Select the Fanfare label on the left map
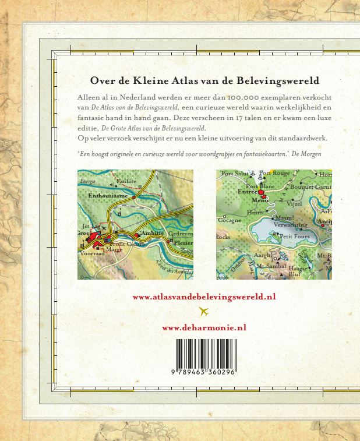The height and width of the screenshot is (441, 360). (x=126, y=182)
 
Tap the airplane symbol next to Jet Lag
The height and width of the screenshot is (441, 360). (x=104, y=228)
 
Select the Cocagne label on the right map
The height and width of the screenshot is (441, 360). (x=229, y=221)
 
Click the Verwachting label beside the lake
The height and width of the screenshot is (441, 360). (x=290, y=224)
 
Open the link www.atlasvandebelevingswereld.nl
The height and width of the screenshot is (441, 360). (x=204, y=297)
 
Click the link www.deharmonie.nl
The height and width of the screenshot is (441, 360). (x=204, y=327)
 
